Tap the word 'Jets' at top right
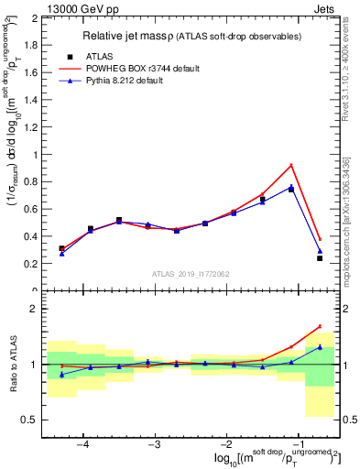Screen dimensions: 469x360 (324, 8)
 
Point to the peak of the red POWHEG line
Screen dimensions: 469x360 (291, 165)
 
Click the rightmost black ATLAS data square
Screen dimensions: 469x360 (320, 258)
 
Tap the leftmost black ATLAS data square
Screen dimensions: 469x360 (61, 248)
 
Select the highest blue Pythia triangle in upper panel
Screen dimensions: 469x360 (291, 187)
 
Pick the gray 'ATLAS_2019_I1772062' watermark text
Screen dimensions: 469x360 (190, 274)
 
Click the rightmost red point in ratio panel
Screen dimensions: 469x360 (320, 326)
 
